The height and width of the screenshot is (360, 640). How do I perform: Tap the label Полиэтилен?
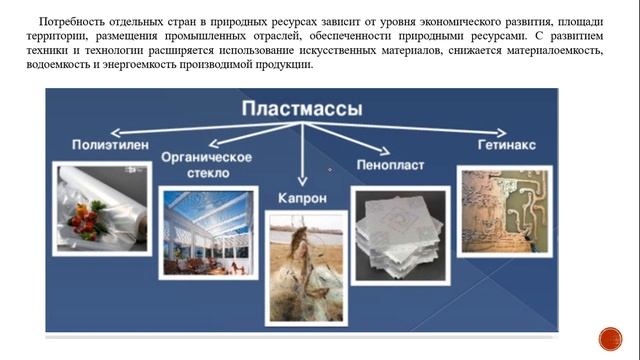click(110, 146)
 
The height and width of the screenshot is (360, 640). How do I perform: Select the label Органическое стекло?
click(206, 165)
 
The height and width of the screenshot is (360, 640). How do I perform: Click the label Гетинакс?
click(505, 145)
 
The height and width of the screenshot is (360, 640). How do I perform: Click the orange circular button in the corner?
click(610, 338)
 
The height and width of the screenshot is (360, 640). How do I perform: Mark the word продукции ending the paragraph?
click(285, 65)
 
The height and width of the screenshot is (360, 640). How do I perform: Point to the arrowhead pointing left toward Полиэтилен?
click(113, 131)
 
